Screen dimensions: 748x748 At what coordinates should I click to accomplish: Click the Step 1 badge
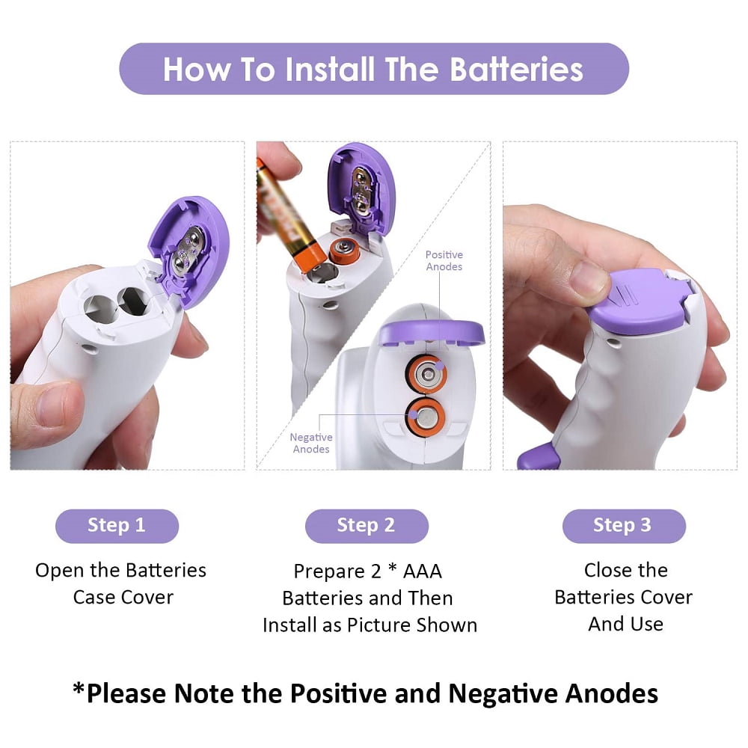click(x=117, y=526)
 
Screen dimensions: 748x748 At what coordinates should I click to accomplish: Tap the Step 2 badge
click(x=367, y=526)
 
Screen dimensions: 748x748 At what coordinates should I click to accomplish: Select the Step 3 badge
click(x=624, y=526)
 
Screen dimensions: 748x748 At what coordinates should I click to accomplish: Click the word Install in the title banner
click(x=330, y=69)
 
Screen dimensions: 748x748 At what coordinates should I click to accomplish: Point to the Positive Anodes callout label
click(x=444, y=260)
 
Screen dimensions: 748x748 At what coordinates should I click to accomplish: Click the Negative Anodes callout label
click(x=311, y=443)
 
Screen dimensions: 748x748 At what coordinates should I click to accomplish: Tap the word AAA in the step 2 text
click(x=422, y=571)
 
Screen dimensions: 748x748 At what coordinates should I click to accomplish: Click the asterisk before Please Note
click(x=79, y=688)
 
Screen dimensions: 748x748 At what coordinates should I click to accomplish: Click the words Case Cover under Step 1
click(x=123, y=597)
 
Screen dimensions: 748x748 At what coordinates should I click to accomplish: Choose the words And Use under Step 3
click(x=625, y=624)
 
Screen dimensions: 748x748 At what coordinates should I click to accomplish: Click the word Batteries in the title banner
click(x=517, y=69)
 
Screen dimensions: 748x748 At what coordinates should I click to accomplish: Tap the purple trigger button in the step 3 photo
click(x=538, y=456)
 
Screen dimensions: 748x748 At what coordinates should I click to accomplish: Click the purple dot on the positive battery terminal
click(x=439, y=366)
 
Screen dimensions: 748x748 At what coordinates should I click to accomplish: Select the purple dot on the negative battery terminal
click(x=413, y=414)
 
